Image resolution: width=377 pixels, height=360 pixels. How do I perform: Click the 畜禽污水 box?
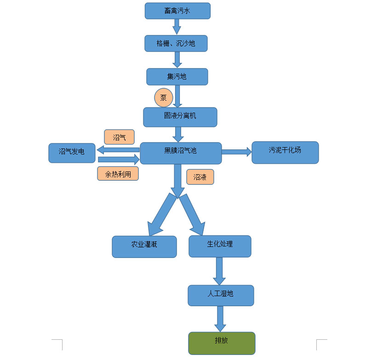(x=177, y=11)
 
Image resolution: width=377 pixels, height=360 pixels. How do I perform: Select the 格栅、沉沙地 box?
(x=176, y=43)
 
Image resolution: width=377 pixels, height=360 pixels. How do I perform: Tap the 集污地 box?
(x=177, y=76)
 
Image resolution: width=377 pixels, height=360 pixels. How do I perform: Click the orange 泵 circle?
(x=163, y=97)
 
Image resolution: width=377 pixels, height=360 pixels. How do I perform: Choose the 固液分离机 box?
(x=180, y=117)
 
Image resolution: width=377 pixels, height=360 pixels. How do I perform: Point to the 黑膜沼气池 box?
(x=180, y=153)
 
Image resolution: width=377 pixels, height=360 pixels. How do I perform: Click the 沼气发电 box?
(x=72, y=153)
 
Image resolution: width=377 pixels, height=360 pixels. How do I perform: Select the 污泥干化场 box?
(x=285, y=152)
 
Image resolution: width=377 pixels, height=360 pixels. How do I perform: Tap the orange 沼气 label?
(x=119, y=137)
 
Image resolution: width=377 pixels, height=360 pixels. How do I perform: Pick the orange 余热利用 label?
(x=118, y=173)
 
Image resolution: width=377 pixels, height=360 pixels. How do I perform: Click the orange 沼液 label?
(x=200, y=177)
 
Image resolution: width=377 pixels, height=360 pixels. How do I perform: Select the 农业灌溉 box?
(x=144, y=246)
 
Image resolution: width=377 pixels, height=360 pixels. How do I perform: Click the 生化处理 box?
(x=220, y=246)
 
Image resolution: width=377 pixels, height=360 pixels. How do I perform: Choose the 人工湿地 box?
(x=221, y=295)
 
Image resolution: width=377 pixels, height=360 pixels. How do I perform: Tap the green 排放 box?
(x=222, y=343)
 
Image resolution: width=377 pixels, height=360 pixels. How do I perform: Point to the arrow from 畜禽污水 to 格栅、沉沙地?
(x=177, y=27)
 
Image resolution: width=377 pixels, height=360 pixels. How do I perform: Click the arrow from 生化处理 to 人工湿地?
(x=219, y=271)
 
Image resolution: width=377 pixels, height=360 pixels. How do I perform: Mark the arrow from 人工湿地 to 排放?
(x=220, y=319)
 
